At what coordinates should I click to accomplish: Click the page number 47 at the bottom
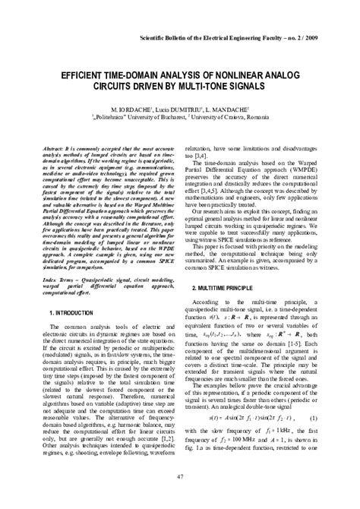point(180,476)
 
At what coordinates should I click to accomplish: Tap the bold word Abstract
point(55,129)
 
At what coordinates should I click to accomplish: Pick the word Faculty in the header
point(262,37)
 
